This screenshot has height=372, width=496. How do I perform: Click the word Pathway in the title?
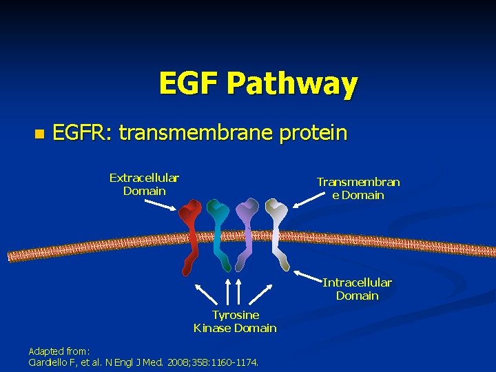click(292, 84)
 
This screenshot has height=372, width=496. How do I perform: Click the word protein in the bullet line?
click(313, 133)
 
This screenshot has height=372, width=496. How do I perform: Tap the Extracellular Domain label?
click(144, 185)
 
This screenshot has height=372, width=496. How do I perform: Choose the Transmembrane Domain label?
click(358, 188)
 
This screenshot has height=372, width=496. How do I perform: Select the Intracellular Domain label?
click(357, 289)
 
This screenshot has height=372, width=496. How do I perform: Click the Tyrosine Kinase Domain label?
click(235, 321)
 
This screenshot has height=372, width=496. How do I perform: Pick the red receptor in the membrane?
click(189, 234)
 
